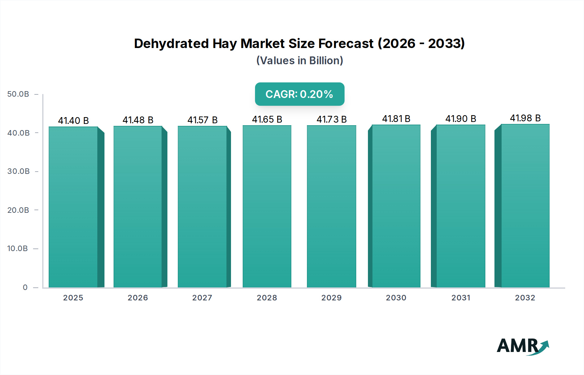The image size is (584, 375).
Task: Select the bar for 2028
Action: [267, 206]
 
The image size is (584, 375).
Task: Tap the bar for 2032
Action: [525, 206]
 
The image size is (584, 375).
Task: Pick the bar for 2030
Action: [396, 206]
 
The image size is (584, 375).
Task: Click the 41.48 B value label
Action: [138, 120]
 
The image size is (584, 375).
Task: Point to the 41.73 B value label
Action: [332, 119]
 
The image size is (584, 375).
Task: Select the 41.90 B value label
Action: [460, 119]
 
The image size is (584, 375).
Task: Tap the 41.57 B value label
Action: [202, 120]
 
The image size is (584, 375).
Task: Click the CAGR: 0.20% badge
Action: [299, 94]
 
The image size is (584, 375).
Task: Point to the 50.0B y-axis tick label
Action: [18, 94]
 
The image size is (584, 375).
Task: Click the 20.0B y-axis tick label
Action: [18, 210]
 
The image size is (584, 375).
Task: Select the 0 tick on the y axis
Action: [25, 287]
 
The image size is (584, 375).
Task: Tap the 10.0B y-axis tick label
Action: [18, 248]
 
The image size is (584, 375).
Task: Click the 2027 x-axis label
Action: [202, 298]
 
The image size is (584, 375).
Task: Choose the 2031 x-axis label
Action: [461, 298]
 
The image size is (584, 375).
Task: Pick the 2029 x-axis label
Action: [331, 298]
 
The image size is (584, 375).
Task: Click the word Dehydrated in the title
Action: [171, 43]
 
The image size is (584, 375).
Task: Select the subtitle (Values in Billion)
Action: [299, 61]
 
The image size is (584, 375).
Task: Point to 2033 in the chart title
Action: [446, 43]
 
